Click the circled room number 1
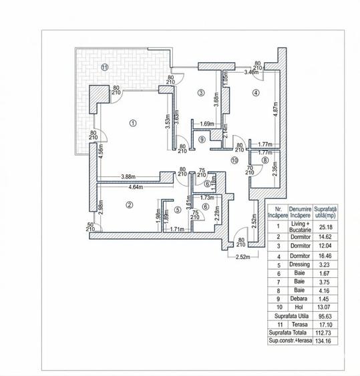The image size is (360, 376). click(x=133, y=123)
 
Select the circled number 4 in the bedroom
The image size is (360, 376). click(x=255, y=93)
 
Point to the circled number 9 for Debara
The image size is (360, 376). click(x=202, y=139)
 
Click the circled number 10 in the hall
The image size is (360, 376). click(x=234, y=160)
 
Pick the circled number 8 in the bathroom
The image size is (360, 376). click(x=265, y=160)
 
